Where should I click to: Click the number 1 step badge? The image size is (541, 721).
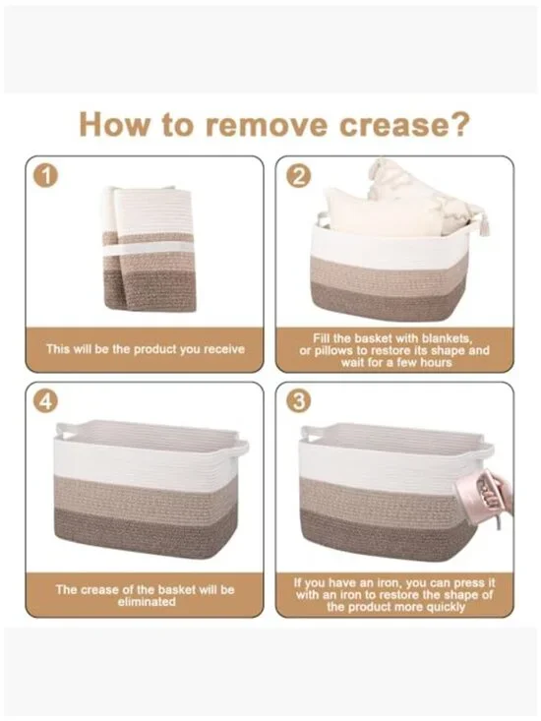46,177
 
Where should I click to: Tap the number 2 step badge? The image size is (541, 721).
298,177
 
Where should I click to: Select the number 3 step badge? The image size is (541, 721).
298,401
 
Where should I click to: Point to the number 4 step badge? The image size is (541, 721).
46,401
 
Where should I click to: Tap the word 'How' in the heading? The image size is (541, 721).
115,124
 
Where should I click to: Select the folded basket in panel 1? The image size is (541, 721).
148,248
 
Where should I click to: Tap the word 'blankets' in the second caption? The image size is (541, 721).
447,339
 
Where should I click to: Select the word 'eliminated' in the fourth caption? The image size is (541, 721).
147,601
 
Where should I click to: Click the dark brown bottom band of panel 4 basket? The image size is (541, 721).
146,532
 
